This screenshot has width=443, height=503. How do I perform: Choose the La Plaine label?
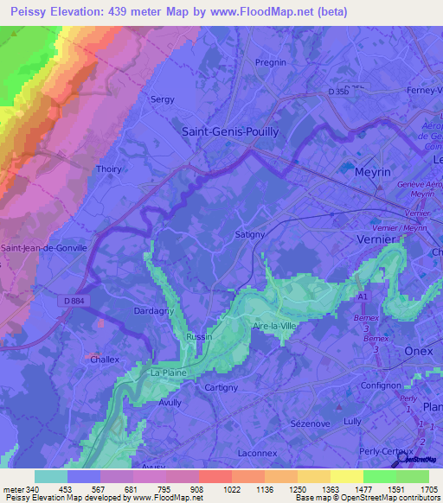[168, 372]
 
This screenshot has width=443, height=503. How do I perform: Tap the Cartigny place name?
[221, 388]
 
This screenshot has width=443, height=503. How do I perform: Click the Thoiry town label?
[109, 169]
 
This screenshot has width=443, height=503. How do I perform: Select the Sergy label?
[164, 99]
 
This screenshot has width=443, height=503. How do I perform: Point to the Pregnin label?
[271, 62]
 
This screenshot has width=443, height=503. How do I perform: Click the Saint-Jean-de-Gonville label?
[45, 247]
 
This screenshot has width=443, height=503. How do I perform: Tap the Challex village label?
[106, 360]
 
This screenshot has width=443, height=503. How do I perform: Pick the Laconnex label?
[256, 452]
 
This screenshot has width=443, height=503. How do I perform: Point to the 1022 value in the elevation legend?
[209, 488]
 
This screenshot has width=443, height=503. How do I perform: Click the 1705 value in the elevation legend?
[428, 488]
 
